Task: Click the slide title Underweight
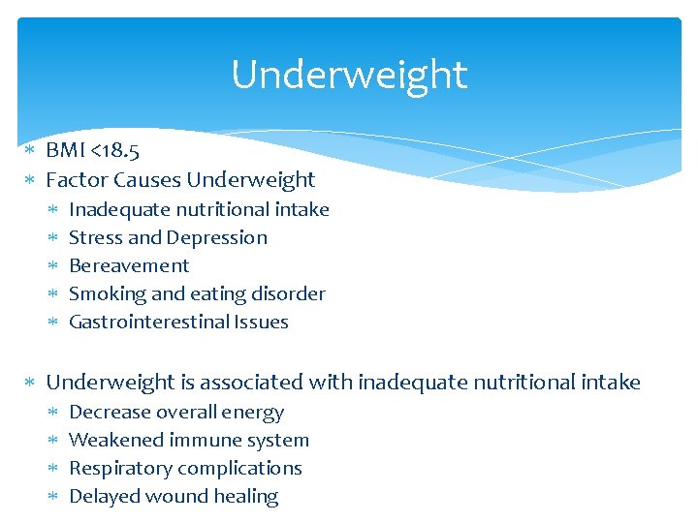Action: [349, 75]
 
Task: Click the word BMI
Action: [66, 151]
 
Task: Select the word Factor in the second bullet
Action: [77, 179]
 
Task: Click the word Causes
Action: [146, 179]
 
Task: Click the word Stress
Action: [94, 237]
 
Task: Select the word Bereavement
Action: [129, 265]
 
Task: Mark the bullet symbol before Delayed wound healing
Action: [54, 497]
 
